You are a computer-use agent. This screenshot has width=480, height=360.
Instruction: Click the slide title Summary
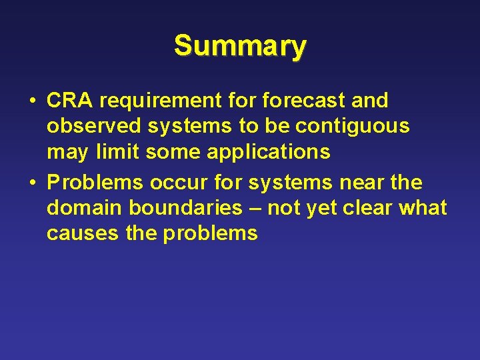240,46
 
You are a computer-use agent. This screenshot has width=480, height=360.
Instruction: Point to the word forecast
304,101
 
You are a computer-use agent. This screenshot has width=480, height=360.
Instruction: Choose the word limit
116,152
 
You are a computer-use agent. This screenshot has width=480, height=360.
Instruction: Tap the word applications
269,153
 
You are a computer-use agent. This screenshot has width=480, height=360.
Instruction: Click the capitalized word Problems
93,182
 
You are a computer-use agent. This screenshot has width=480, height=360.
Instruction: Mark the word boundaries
189,208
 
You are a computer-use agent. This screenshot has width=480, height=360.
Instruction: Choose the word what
425,208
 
